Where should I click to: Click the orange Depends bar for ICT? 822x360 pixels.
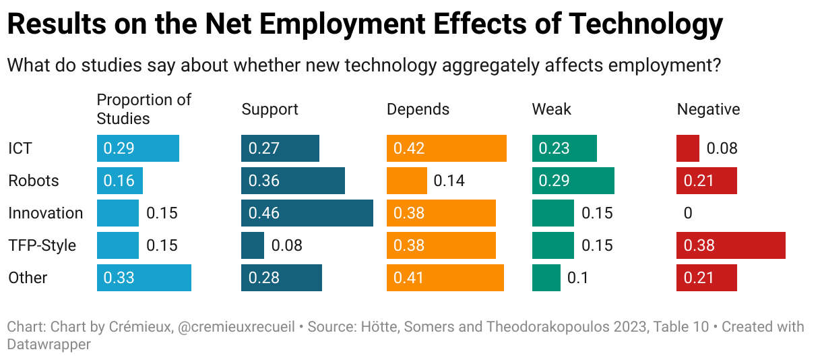(446, 148)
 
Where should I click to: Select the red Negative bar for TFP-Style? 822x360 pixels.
(730, 245)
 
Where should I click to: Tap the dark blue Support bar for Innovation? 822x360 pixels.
(307, 213)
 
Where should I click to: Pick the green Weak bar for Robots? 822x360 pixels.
(573, 181)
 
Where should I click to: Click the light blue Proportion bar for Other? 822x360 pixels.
(144, 278)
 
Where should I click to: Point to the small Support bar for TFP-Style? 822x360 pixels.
(253, 245)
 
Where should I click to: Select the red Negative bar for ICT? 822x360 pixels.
(688, 148)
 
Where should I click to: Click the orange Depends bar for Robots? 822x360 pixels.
(406, 181)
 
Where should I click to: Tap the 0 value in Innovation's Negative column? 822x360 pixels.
(688, 213)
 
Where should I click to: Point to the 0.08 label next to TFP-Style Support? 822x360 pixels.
(286, 245)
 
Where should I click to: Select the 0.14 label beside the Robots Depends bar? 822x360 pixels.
(449, 181)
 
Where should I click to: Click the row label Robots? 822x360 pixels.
(33, 181)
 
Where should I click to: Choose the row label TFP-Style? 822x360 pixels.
(42, 245)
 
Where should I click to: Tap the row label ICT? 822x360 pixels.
(20, 148)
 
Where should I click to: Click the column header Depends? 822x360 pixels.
(418, 109)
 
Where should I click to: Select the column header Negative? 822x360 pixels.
(708, 109)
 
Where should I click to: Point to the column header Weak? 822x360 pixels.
(551, 109)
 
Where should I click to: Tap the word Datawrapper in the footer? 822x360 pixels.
(49, 344)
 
